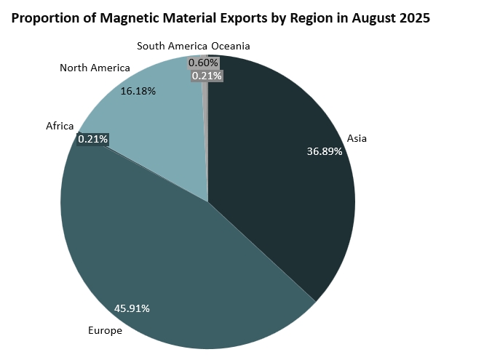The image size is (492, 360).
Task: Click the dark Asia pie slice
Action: (x=284, y=182)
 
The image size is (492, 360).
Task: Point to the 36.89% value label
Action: (x=325, y=151)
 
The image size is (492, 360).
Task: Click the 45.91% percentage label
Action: (x=132, y=308)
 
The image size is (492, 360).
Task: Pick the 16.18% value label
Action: (x=138, y=92)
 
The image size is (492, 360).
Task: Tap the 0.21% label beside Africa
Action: (x=93, y=138)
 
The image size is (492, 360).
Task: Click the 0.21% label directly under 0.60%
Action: (x=207, y=75)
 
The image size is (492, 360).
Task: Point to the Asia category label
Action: (x=357, y=137)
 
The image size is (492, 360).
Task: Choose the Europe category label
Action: (x=105, y=331)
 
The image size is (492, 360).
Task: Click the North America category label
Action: (x=95, y=68)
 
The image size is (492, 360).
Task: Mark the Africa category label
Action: (x=60, y=127)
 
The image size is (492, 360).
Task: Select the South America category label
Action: (x=172, y=46)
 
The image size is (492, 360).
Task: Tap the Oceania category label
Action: (x=231, y=46)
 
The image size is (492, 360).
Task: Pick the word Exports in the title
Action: (x=245, y=18)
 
